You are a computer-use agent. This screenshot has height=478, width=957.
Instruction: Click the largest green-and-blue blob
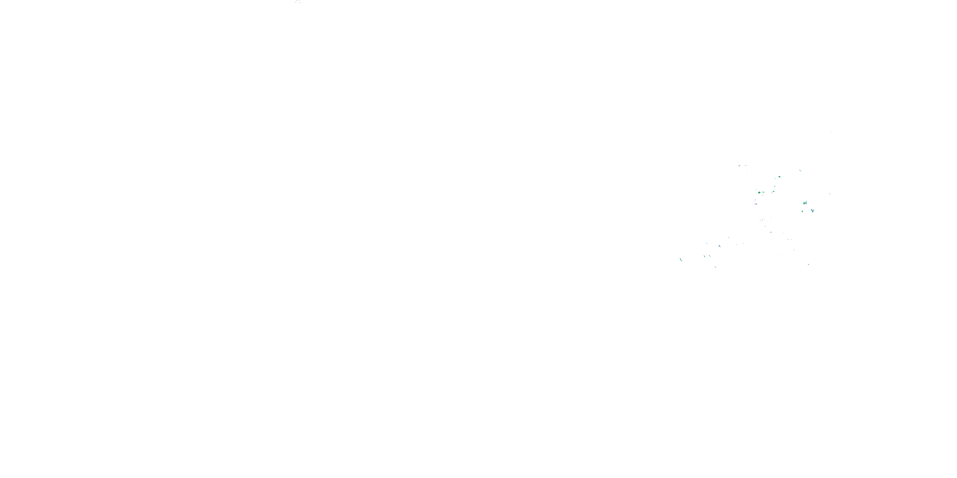coord(805,203)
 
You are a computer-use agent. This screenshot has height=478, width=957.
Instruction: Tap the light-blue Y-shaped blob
coord(812,211)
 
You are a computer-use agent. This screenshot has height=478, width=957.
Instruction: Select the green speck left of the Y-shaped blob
coord(803,211)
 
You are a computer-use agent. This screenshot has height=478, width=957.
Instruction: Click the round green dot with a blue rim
coord(759,192)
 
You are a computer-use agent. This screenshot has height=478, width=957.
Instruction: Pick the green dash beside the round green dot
coord(763,192)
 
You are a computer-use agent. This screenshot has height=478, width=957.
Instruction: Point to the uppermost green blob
coord(779,177)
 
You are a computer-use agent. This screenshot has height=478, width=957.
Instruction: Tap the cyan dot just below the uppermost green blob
coord(775,187)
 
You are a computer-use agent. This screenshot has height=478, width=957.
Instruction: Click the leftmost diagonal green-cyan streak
coord(681,259)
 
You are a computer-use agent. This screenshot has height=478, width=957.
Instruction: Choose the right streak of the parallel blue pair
coord(710,256)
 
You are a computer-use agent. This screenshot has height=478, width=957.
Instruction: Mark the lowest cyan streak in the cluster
coord(716,267)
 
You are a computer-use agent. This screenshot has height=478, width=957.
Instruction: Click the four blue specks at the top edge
coord(298,2)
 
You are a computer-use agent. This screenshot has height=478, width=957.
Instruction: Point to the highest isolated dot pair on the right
coord(831,131)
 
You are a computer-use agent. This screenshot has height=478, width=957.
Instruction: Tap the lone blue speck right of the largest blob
coord(830,194)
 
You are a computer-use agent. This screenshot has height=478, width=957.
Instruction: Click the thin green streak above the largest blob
coord(800,171)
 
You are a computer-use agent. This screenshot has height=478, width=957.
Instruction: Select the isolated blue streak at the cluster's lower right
coord(808,264)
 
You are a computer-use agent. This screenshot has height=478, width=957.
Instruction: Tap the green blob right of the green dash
coord(773,192)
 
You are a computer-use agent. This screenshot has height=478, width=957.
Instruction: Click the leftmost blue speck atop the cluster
coord(739,165)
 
